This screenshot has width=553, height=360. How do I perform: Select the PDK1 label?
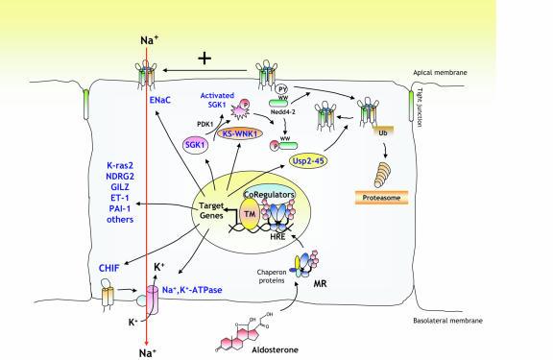pos(202,121)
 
